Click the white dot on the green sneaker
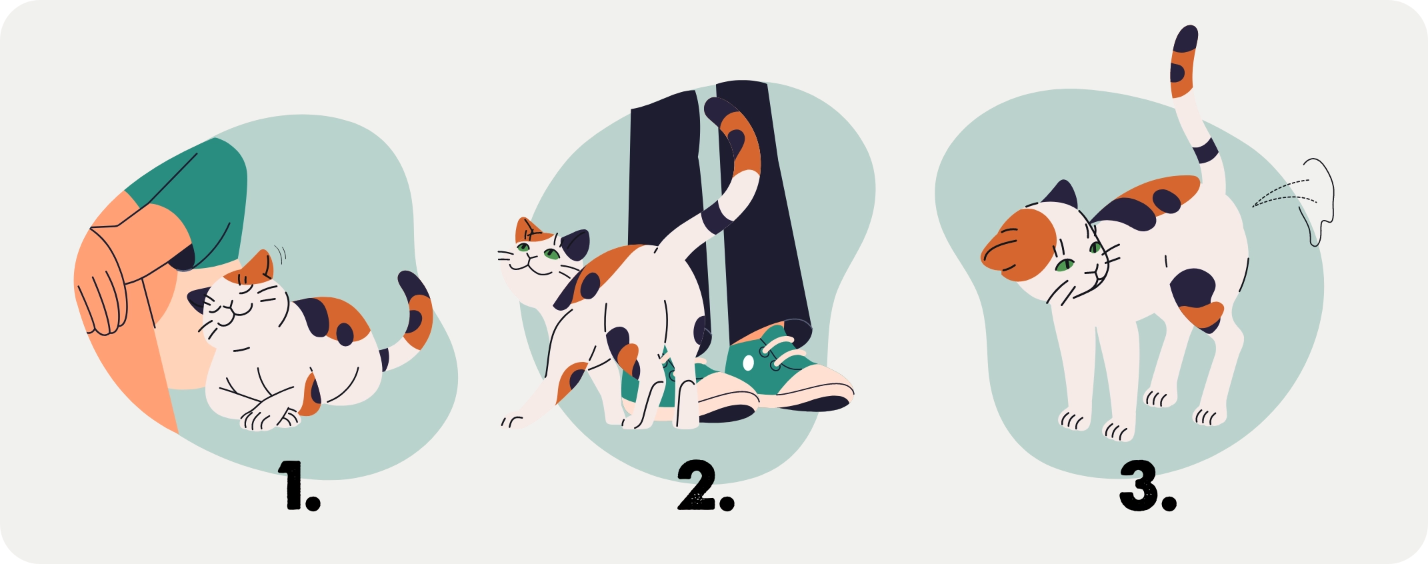click(x=748, y=363)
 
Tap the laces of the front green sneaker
click(x=780, y=350)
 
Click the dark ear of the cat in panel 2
click(x=575, y=243)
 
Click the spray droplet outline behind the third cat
click(x=1317, y=200)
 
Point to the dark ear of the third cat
click(x=1061, y=195)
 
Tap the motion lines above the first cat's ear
click(x=281, y=254)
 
